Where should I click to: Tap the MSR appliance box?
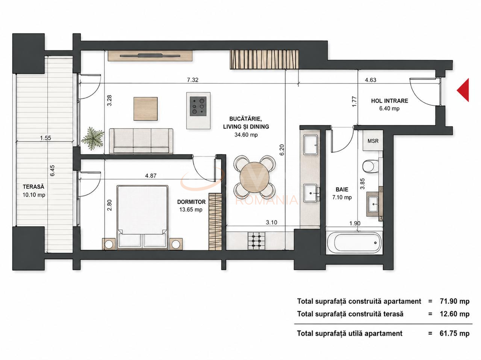(373, 141)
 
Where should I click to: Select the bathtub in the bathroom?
(354, 243)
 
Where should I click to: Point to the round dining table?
(254, 177)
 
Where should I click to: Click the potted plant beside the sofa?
(93, 139)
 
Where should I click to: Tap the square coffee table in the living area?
(145, 109)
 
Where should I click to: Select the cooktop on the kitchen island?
(198, 106)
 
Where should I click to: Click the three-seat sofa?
(141, 141)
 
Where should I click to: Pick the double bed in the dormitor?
(143, 217)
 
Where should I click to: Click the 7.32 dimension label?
(193, 80)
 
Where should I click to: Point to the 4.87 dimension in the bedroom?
(151, 176)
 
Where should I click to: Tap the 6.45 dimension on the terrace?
(52, 171)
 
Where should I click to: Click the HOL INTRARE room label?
(390, 101)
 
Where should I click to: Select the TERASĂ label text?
(33, 187)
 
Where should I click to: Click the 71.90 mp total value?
(454, 301)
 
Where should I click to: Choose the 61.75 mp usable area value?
(454, 333)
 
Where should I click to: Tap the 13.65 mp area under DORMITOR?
(191, 209)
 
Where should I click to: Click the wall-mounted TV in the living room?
(150, 55)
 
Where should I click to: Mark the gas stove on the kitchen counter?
(256, 241)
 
